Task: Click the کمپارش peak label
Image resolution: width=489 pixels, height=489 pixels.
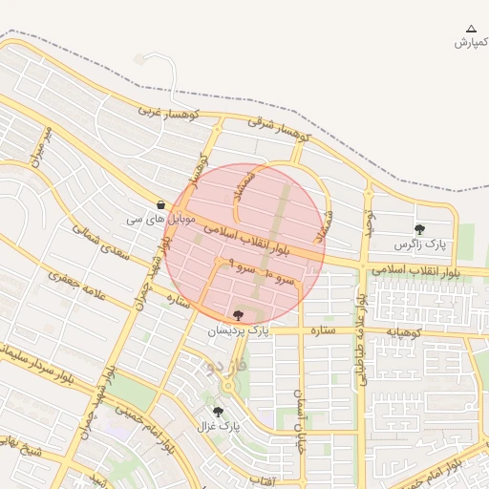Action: pyautogui.click(x=471, y=43)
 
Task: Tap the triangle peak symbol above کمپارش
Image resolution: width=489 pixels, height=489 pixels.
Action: pyautogui.click(x=470, y=30)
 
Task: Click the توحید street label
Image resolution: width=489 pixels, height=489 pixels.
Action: pyautogui.click(x=367, y=224)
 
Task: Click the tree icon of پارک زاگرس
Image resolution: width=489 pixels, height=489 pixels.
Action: pyautogui.click(x=419, y=229)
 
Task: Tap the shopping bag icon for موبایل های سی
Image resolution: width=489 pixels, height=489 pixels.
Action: pyautogui.click(x=160, y=204)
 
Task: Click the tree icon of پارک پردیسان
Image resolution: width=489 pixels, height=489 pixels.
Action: pyautogui.click(x=238, y=315)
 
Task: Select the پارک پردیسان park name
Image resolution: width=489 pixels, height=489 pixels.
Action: pyautogui.click(x=238, y=330)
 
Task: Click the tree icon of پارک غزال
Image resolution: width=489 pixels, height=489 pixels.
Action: pyautogui.click(x=219, y=412)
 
